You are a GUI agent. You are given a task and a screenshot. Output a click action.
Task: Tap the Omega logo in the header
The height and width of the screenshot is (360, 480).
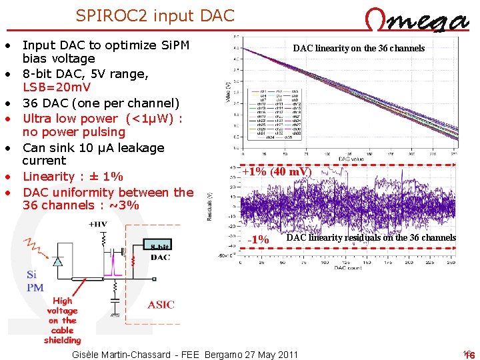(x=418, y=21)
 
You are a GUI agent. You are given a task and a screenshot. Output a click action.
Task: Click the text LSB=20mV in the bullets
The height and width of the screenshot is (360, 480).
(x=56, y=87)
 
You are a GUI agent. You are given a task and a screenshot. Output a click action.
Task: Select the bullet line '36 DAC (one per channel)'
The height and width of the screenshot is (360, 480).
(x=101, y=103)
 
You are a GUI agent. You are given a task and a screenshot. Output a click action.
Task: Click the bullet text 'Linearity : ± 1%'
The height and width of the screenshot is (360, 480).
(x=73, y=177)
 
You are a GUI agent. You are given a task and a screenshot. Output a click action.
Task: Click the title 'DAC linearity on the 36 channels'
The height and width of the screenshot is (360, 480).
(x=359, y=48)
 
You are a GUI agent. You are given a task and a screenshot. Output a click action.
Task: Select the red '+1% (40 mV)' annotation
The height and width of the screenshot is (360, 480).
(x=276, y=171)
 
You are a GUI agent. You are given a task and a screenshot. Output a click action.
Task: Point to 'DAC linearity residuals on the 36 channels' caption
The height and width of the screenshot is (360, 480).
(x=371, y=237)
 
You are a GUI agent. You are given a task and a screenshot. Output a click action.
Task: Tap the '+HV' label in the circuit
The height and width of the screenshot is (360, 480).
(x=98, y=225)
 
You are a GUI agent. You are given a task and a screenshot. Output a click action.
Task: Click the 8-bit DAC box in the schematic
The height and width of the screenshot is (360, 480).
(x=160, y=251)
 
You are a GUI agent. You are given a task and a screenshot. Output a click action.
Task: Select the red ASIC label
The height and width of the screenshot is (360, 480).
(x=161, y=305)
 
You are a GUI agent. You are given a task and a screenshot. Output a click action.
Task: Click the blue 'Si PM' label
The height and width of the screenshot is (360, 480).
(x=35, y=281)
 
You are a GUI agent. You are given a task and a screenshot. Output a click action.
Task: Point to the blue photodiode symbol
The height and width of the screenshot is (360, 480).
(x=58, y=261)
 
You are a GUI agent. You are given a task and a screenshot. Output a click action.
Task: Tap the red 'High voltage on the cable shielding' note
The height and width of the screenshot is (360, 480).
(x=63, y=320)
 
